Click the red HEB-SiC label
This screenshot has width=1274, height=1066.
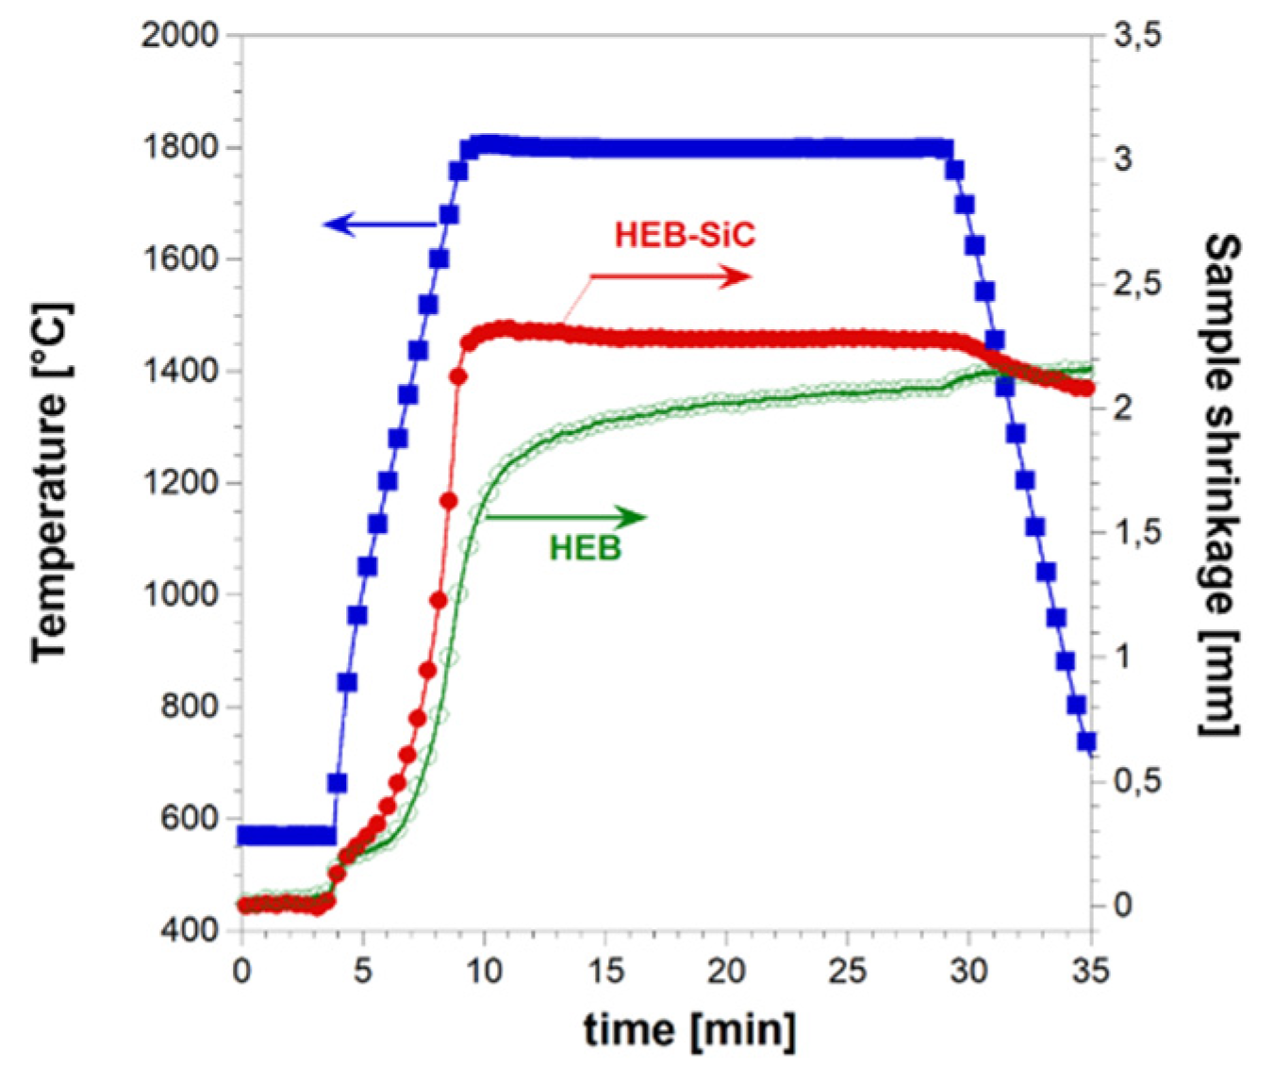coord(685,235)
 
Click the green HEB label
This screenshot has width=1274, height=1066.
coord(585,548)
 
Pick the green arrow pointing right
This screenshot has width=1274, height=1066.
coord(566,517)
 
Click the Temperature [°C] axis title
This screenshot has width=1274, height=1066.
coord(52,482)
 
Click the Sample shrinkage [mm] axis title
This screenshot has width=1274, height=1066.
coord(1222,484)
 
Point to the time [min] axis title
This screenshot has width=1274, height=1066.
coord(689,1029)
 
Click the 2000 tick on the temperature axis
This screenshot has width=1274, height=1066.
coord(179,36)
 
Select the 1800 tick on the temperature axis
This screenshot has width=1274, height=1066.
coord(179,148)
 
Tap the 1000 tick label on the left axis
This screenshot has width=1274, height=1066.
coord(179,594)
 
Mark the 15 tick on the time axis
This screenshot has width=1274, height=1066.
coord(604,971)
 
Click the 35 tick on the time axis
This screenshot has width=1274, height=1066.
coord(1091,971)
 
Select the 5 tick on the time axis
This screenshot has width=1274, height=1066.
coord(363,971)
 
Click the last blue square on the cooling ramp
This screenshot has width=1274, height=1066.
coord(1086,742)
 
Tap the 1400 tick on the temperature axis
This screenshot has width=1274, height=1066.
coord(179,371)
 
